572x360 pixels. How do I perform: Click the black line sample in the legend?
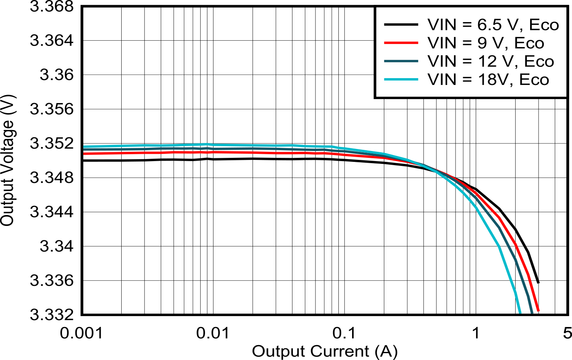(x=401, y=25)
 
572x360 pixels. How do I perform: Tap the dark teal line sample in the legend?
(x=401, y=61)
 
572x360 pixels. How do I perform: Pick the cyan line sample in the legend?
(x=401, y=79)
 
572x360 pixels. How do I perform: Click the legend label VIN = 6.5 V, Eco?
(x=493, y=25)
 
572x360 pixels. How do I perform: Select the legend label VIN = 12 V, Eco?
(x=490, y=61)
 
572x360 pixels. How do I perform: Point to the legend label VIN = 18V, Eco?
(x=488, y=79)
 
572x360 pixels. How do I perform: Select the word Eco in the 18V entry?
(x=534, y=79)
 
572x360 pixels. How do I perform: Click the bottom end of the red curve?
(x=539, y=311)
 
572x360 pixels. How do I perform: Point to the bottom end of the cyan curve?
(x=520, y=312)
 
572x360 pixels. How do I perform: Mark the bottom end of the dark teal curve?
(x=532, y=312)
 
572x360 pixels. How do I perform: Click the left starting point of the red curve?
(x=84, y=153)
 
